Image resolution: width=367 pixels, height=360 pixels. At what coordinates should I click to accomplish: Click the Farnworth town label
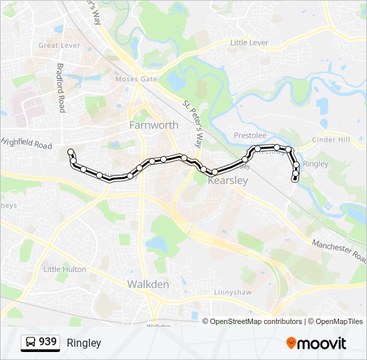click(x=153, y=125)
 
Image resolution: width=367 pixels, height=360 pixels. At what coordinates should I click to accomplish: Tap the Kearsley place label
click(x=228, y=180)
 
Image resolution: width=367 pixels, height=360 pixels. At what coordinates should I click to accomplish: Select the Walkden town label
click(x=148, y=284)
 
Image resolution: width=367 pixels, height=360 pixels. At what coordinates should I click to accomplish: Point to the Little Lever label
click(x=249, y=43)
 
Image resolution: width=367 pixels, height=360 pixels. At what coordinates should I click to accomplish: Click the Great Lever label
click(x=59, y=45)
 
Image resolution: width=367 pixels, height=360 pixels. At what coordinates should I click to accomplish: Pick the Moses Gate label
click(x=136, y=79)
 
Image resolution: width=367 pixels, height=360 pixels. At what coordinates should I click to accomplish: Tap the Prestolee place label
click(x=250, y=135)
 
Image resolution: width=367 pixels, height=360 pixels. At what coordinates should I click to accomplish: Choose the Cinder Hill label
click(x=330, y=140)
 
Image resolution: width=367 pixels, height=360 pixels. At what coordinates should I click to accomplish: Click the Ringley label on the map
click(x=316, y=163)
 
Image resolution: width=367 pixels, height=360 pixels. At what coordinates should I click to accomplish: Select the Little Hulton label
click(x=65, y=269)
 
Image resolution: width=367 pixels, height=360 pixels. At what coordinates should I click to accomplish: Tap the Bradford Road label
click(x=60, y=87)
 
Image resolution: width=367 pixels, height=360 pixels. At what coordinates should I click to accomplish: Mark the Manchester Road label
click(x=339, y=251)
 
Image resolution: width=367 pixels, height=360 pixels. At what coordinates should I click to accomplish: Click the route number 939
click(x=47, y=342)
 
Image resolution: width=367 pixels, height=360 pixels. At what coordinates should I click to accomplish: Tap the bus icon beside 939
click(x=31, y=343)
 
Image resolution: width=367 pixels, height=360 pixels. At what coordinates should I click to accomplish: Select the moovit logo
click(x=316, y=343)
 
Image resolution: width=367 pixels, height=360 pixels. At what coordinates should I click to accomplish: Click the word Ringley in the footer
click(x=83, y=343)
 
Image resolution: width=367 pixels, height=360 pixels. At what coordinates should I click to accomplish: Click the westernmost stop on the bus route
click(x=71, y=153)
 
